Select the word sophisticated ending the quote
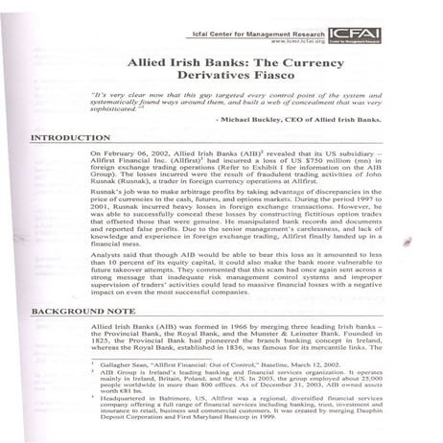pyautogui.click(x=168, y=108)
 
